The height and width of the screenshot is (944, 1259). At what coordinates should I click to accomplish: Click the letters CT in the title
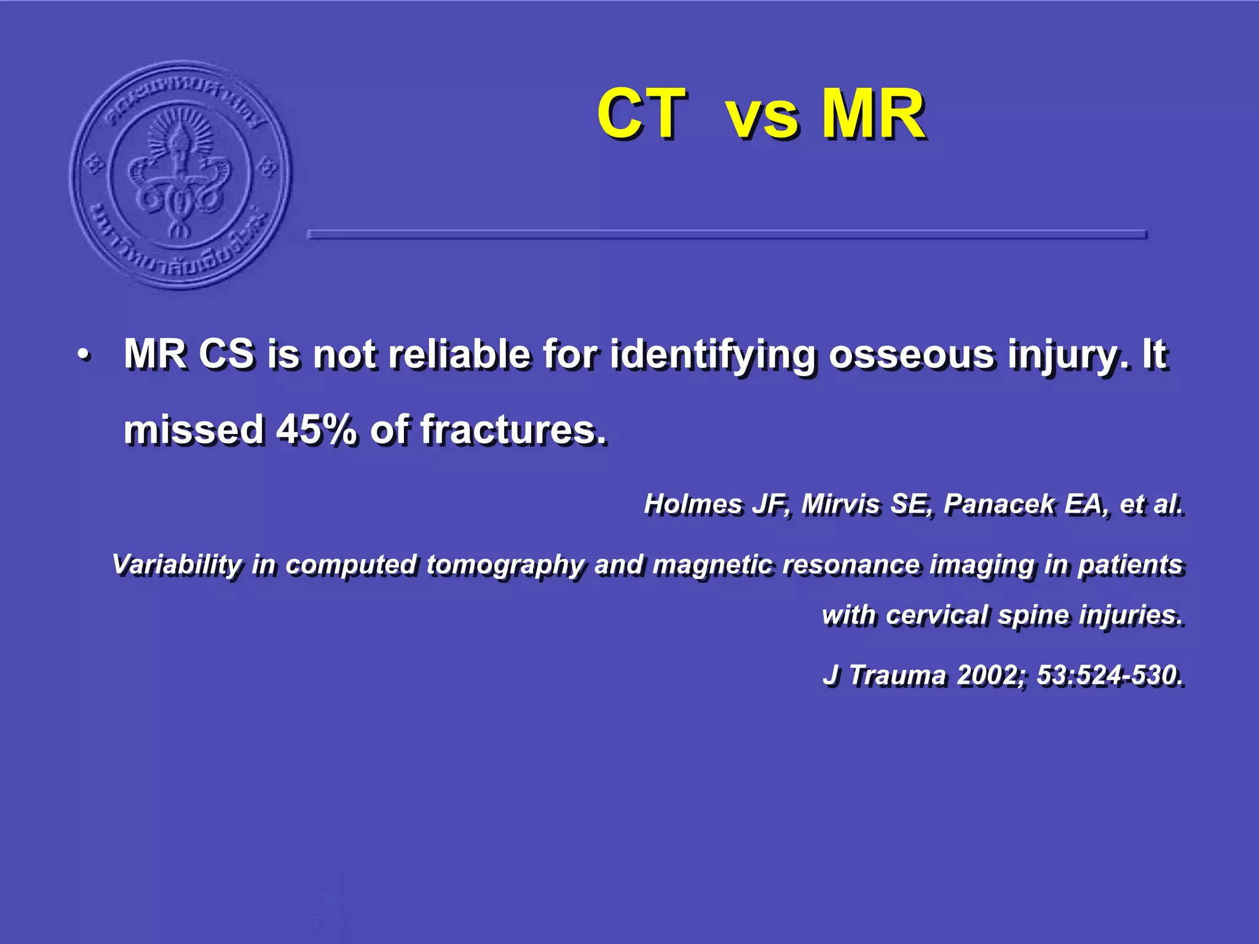[641, 114]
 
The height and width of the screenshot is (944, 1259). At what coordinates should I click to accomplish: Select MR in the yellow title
[873, 114]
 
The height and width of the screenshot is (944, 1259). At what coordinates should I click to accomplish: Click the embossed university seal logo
[180, 175]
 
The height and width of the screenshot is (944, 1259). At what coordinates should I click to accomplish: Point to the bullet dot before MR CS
[84, 356]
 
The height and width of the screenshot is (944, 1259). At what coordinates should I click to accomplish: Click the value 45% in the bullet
[316, 429]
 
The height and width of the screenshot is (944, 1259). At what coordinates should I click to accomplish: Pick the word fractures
[513, 429]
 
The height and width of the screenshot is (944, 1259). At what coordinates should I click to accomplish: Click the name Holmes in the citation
[693, 505]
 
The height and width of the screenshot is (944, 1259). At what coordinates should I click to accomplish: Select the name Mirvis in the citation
[841, 505]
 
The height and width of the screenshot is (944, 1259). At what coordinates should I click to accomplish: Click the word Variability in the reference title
[177, 565]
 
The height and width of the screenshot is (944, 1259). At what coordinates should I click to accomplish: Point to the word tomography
[504, 565]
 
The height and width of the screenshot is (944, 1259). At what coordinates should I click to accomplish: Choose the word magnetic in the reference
[712, 565]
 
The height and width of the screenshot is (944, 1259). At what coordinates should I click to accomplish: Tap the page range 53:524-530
[1108, 675]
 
